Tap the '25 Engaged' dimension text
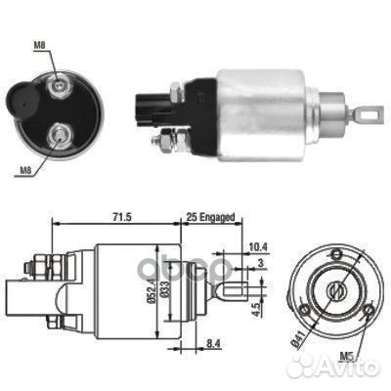[x=210, y=217]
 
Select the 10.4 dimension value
[x=258, y=247]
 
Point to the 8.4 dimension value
[x=214, y=343]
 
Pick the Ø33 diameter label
[x=164, y=289]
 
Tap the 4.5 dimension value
[x=256, y=310]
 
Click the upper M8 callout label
[x=39, y=46]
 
